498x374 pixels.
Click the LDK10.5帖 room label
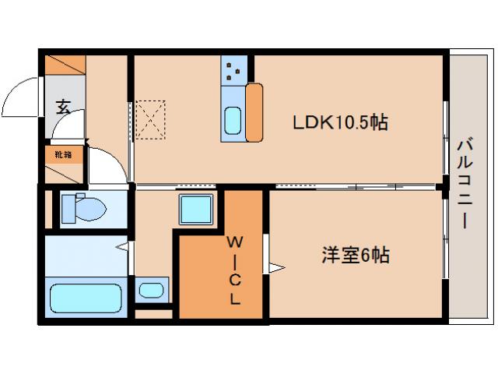pos(340,122)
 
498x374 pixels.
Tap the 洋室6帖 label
pos(356,255)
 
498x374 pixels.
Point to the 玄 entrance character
pos(62,107)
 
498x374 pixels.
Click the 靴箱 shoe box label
pos(62,154)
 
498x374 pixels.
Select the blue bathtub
pos(86,298)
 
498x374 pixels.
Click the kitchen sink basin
pos(233,122)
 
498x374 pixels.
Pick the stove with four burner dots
pos(233,72)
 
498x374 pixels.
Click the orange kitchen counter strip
pos(254,113)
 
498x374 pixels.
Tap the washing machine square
pos(196,209)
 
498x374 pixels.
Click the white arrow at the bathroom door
pos(122,247)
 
